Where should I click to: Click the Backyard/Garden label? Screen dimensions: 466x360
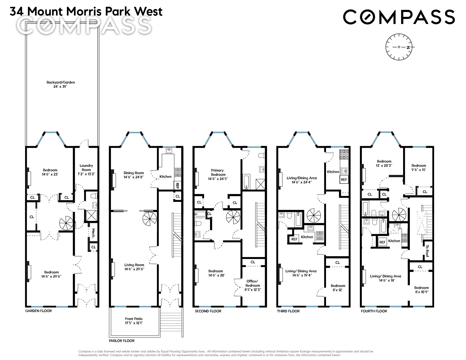[61, 84]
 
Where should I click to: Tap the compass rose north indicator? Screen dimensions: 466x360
[408, 47]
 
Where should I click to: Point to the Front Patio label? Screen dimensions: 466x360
[134, 321]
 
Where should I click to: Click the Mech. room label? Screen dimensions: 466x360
[93, 233]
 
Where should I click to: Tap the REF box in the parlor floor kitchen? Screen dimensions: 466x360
[177, 185]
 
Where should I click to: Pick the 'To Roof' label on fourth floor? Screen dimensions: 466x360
[427, 251]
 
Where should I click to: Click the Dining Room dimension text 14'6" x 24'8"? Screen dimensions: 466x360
[134, 177]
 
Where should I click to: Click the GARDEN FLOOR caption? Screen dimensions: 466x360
[39, 311]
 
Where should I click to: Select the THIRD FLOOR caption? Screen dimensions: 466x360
[288, 311]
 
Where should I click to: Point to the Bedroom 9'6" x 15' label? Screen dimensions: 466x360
[419, 168]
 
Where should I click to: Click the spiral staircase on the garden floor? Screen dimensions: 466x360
[66, 223]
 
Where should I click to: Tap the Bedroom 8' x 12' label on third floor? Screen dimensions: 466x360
[338, 288]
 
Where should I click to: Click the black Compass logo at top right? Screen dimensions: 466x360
[399, 17]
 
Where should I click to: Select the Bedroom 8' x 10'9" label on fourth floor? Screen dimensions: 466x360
[421, 290]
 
